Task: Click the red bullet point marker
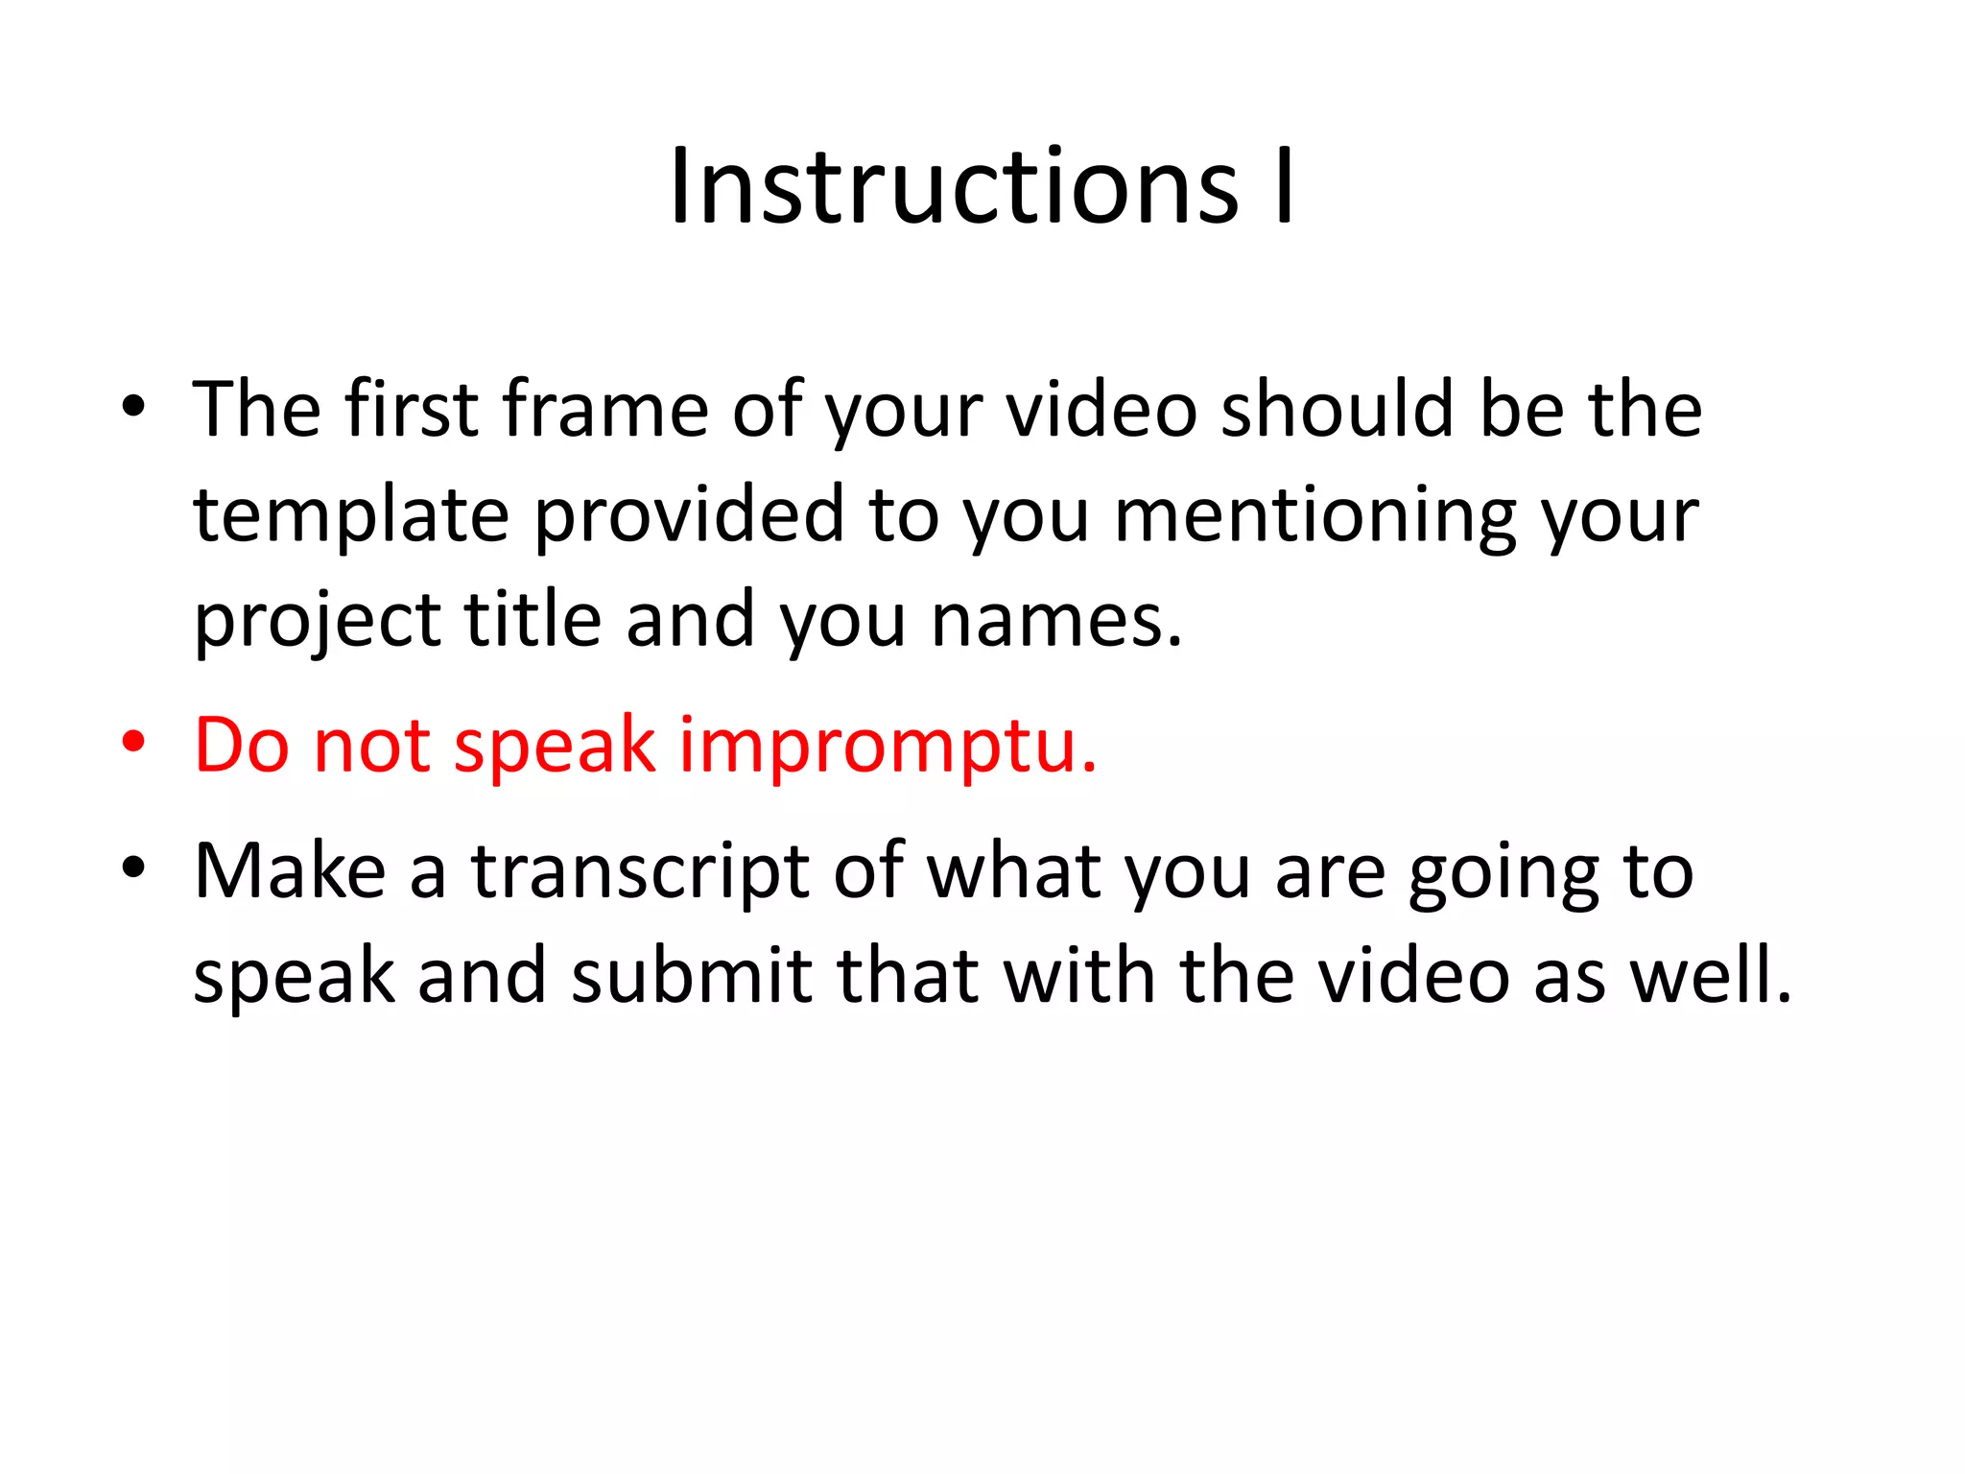[x=133, y=743]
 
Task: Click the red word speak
[x=555, y=747]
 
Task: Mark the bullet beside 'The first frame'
[x=133, y=407]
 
